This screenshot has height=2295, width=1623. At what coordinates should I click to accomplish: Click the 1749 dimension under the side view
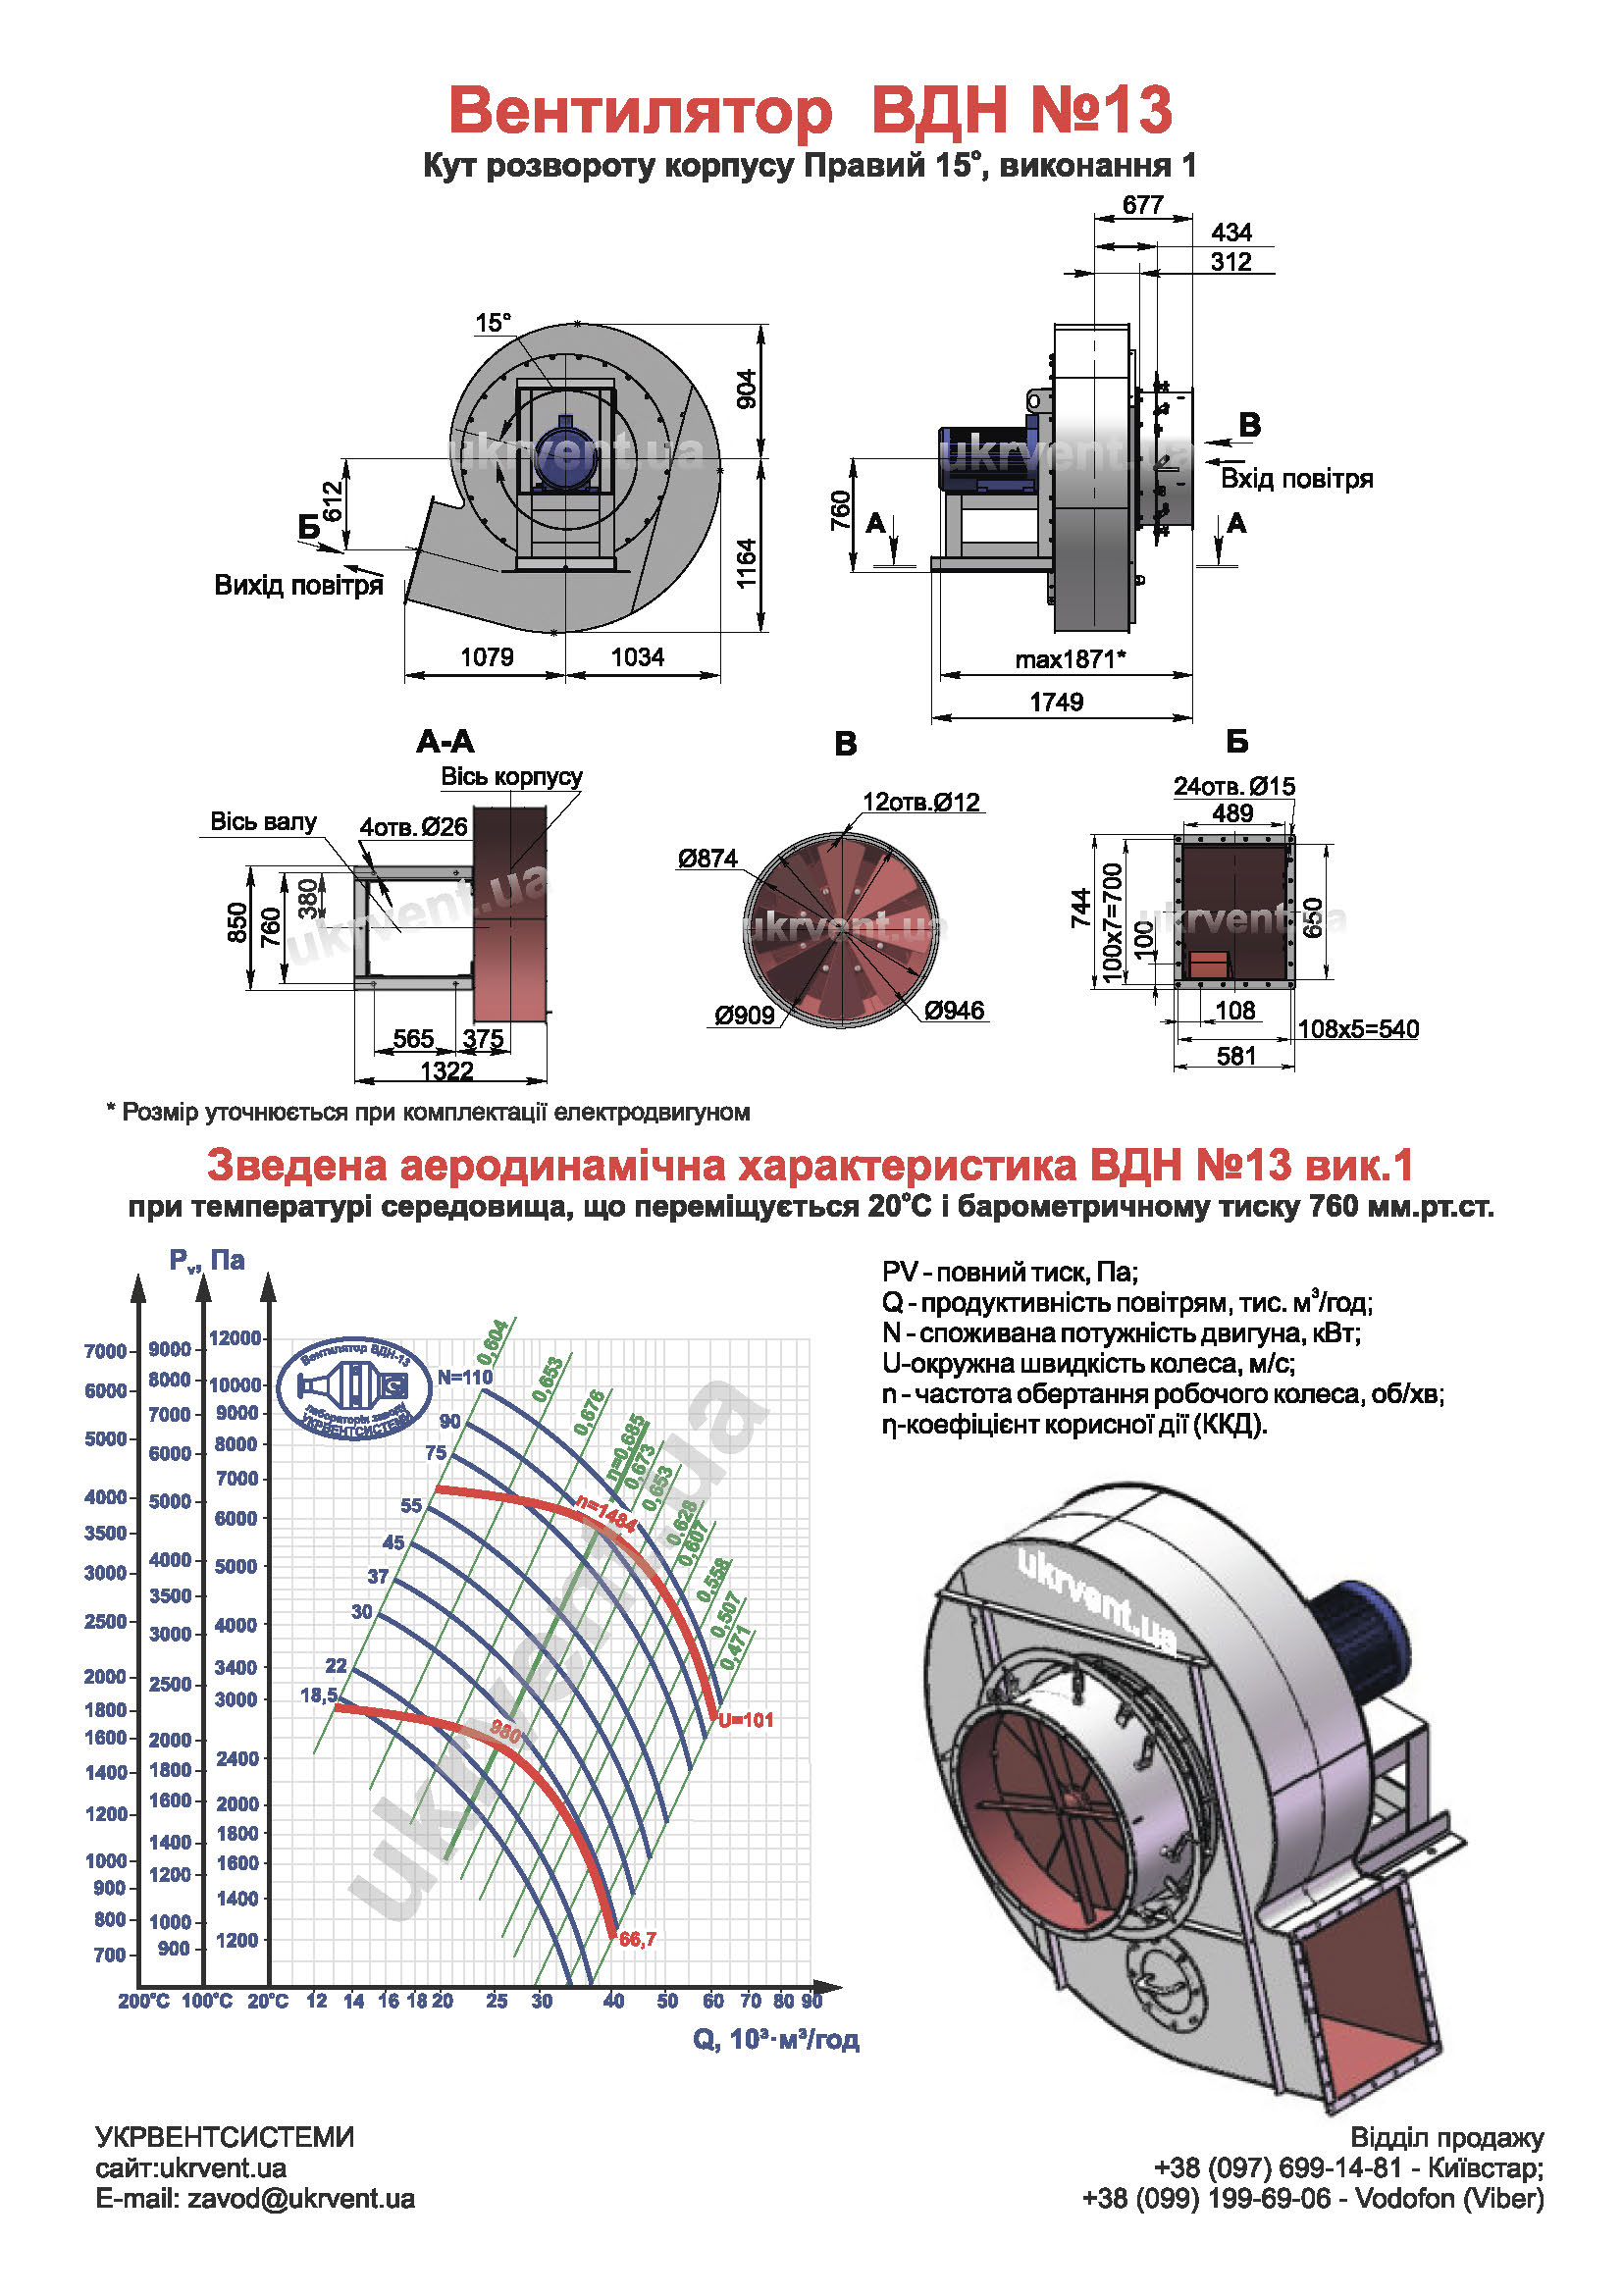[x=1057, y=702]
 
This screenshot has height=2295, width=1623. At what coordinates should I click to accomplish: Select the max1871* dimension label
[x=1071, y=659]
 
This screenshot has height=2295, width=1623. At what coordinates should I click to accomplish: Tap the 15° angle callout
[x=493, y=323]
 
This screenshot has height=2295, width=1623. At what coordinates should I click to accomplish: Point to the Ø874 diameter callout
[x=707, y=858]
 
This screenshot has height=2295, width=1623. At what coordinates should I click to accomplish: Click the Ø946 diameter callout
[x=955, y=1011]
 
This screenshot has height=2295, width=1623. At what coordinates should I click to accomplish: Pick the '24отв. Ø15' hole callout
[x=1234, y=787]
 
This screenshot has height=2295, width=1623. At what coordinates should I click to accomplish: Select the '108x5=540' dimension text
[x=1358, y=1028]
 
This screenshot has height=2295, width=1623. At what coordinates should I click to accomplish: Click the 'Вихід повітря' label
[x=299, y=585]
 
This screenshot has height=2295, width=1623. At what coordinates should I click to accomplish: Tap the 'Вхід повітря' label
[x=1297, y=479]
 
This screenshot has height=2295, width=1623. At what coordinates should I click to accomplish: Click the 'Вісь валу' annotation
[x=263, y=821]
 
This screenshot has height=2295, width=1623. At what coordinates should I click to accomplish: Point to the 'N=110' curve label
[x=466, y=1377]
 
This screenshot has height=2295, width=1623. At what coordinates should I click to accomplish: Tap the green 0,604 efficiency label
[x=494, y=1341]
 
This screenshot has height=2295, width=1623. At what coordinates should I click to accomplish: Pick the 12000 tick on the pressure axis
[x=235, y=1337]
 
